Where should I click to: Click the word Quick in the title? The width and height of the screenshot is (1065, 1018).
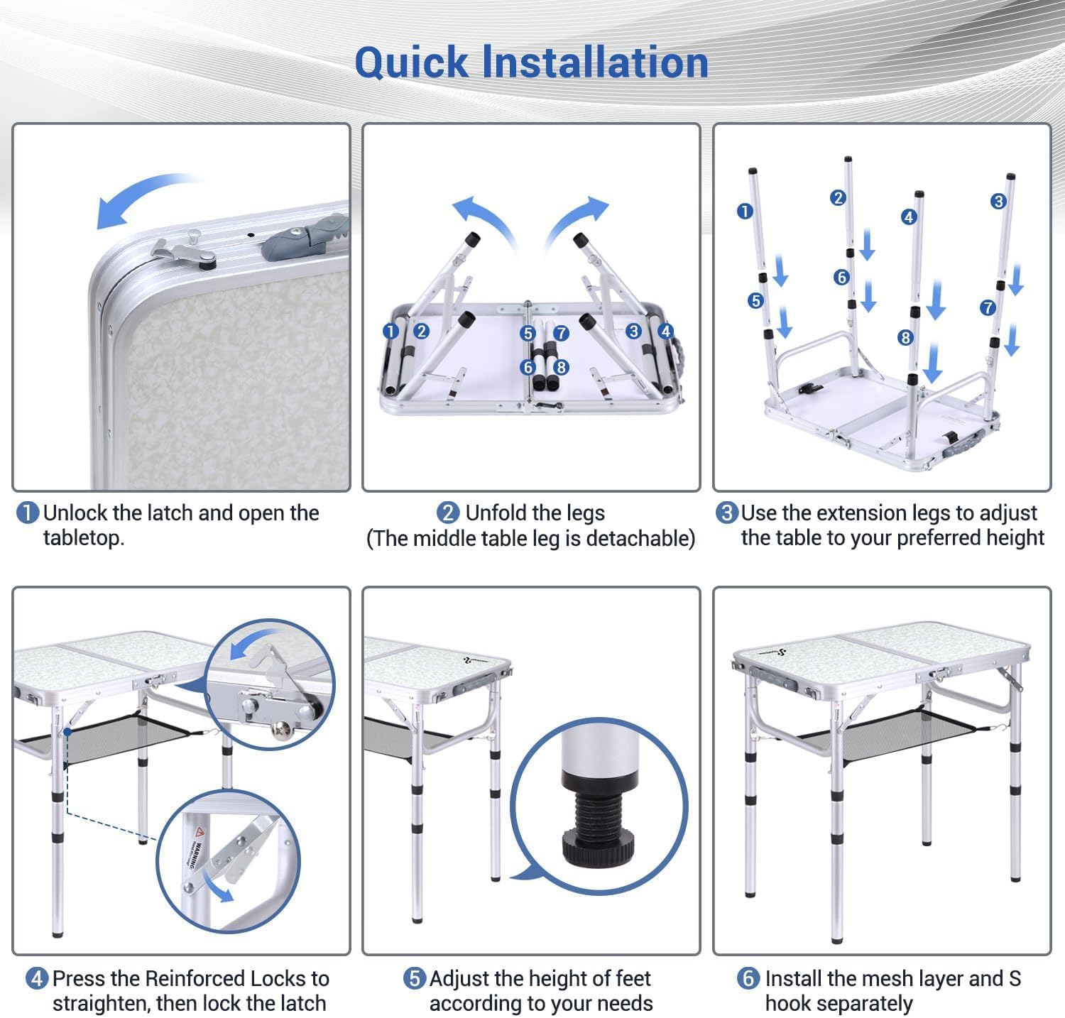pyautogui.click(x=411, y=62)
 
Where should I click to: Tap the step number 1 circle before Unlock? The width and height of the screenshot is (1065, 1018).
pyautogui.click(x=27, y=513)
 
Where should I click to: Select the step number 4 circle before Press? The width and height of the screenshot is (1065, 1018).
pyautogui.click(x=37, y=978)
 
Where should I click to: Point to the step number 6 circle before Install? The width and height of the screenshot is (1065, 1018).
pyautogui.click(x=748, y=978)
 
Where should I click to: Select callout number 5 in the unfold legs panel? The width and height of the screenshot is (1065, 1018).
pyautogui.click(x=527, y=334)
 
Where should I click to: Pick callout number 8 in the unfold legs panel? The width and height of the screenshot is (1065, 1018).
pyautogui.click(x=562, y=367)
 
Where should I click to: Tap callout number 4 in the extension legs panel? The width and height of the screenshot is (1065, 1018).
pyautogui.click(x=909, y=217)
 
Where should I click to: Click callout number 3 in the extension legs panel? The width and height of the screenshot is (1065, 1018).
pyautogui.click(x=998, y=202)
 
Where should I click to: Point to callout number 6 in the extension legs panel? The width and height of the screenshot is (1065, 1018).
pyautogui.click(x=842, y=277)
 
